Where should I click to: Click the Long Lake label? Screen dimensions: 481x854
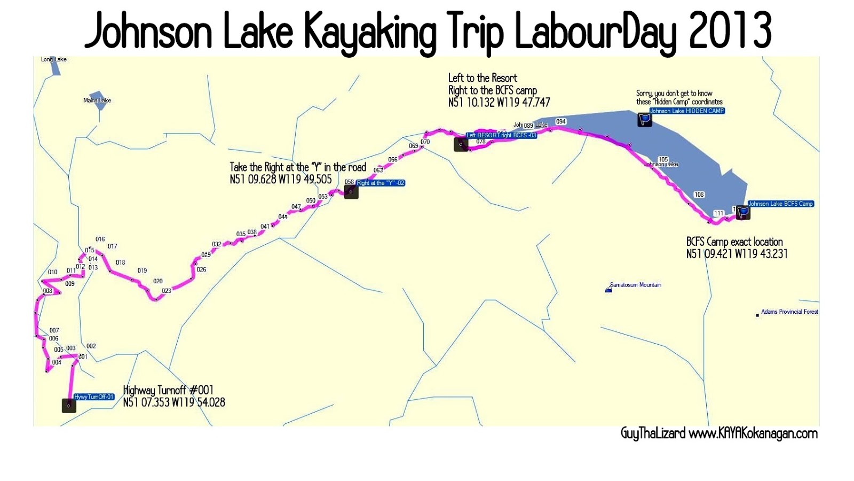(x=54, y=59)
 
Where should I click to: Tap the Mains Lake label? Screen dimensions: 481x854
(x=97, y=100)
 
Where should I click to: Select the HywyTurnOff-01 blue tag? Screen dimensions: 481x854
(x=94, y=397)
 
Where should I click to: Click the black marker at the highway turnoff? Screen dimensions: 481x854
(x=69, y=406)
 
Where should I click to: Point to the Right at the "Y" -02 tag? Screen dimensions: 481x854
(x=381, y=183)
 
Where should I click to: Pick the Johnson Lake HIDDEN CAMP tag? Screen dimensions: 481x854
(x=687, y=111)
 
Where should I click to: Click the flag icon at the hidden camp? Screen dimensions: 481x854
(x=644, y=119)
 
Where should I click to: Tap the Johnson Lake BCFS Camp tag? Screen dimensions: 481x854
(x=780, y=204)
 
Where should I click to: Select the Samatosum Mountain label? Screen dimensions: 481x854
(x=635, y=285)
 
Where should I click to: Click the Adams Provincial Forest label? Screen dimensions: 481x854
(x=789, y=312)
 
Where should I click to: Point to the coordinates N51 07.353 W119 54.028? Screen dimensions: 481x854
(x=174, y=402)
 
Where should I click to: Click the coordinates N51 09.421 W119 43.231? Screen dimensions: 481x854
(x=737, y=254)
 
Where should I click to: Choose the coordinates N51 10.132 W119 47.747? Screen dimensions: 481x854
(x=499, y=102)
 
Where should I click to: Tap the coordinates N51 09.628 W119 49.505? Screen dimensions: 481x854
(x=281, y=180)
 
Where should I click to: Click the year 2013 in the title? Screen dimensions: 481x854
(x=730, y=31)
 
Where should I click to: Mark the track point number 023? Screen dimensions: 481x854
(x=167, y=291)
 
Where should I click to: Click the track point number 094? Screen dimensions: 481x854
(x=560, y=122)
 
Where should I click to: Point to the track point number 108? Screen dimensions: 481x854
(x=699, y=195)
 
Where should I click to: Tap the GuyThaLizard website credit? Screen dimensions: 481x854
(x=719, y=433)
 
